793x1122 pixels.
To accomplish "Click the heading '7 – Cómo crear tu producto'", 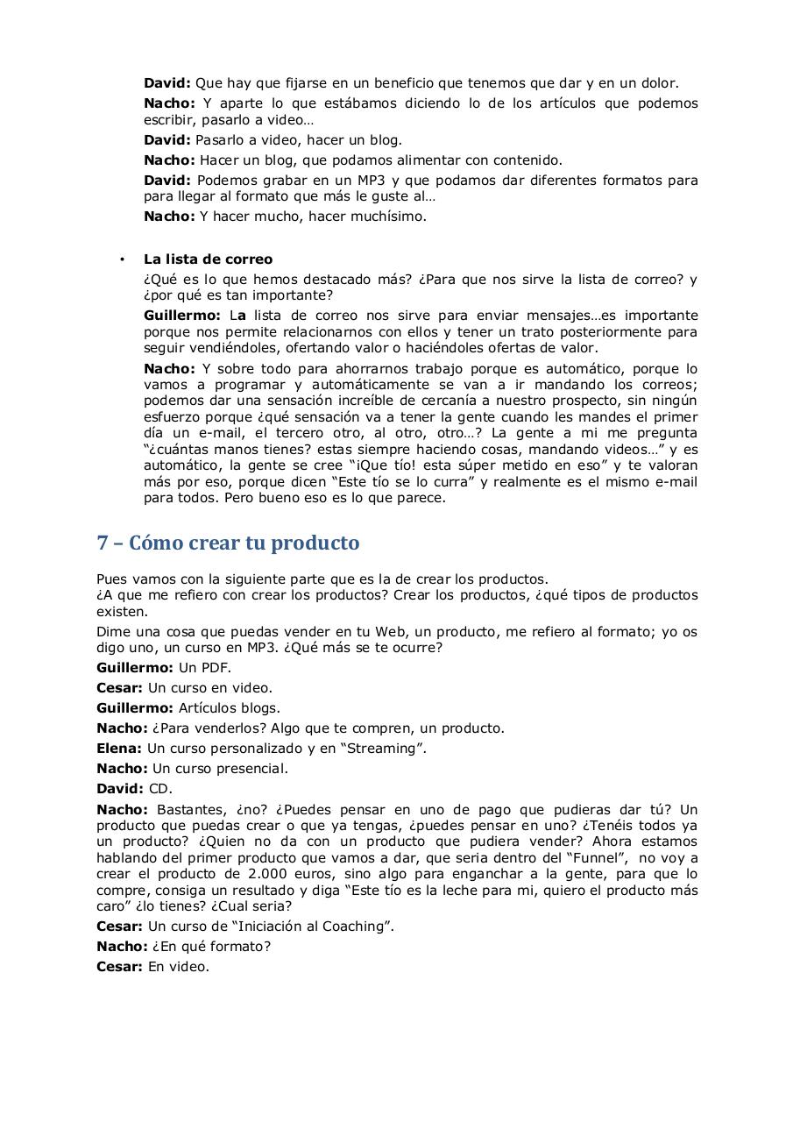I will [228, 543].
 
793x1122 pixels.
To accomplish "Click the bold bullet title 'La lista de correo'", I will [208, 259].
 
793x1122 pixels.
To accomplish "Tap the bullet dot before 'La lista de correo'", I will [122, 259].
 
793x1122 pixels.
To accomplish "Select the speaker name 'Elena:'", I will [119, 749].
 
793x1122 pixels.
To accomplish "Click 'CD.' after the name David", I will [160, 789].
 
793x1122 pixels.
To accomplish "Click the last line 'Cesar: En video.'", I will [152, 967].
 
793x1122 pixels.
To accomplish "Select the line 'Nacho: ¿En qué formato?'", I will [183, 947].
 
